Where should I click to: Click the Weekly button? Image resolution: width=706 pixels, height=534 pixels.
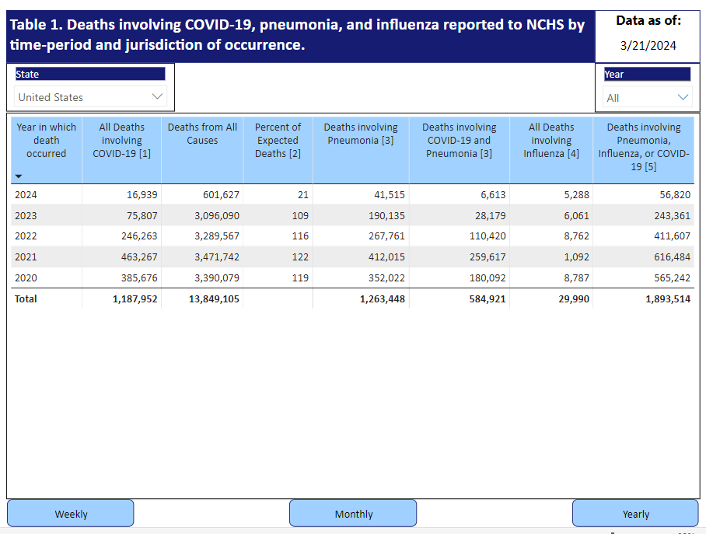pos(71,513)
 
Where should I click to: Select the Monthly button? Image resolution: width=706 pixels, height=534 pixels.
pos(353,513)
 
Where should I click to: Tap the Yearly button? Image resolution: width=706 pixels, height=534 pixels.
pos(635,513)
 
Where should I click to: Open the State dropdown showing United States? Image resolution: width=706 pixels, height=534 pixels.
pos(90,97)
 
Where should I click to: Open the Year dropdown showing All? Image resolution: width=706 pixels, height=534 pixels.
pos(647,98)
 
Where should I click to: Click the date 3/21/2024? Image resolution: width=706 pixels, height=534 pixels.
pos(648,46)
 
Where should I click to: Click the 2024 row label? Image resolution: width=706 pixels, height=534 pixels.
pos(26,195)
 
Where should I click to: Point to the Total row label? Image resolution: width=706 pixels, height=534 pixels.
pos(26,299)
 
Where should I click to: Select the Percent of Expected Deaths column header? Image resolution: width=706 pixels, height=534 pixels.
pos(278,140)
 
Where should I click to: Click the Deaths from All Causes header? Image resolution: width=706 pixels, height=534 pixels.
pos(202,134)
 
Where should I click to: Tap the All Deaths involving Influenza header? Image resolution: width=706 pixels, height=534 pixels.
pos(551,140)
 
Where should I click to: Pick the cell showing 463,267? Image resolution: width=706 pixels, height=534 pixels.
pos(139,257)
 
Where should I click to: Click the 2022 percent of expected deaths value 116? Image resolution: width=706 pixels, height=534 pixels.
pos(300,236)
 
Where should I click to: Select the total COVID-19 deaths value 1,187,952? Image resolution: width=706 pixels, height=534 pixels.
pos(135,299)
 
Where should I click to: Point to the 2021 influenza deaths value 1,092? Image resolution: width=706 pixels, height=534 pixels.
pos(576,257)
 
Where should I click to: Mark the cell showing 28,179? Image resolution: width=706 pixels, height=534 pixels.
pos(491,215)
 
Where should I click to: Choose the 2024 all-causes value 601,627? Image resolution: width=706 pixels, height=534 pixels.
pos(221,195)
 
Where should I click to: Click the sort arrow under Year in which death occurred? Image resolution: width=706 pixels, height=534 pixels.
pos(19,176)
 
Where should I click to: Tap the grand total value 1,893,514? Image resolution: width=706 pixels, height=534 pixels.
pos(668,299)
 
